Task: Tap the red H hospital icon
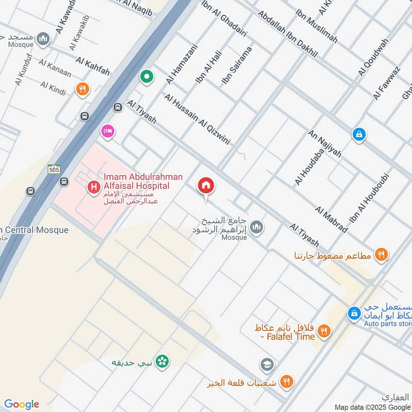pyautogui.click(x=93, y=187)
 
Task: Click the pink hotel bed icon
pyautogui.click(x=107, y=131)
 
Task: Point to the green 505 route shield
pyautogui.click(x=54, y=169)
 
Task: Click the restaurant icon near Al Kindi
pyautogui.click(x=82, y=90)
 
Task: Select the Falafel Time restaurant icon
pyautogui.click(x=323, y=331)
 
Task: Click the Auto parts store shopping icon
pyautogui.click(x=354, y=313)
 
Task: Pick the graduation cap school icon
pyautogui.click(x=267, y=365)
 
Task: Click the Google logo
pyautogui.click(x=22, y=404)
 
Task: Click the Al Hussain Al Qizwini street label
pyautogui.click(x=197, y=119)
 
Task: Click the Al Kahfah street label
pyautogui.click(x=93, y=67)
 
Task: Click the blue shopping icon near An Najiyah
pyautogui.click(x=359, y=135)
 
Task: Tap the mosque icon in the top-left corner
pyautogui.click(x=44, y=38)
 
